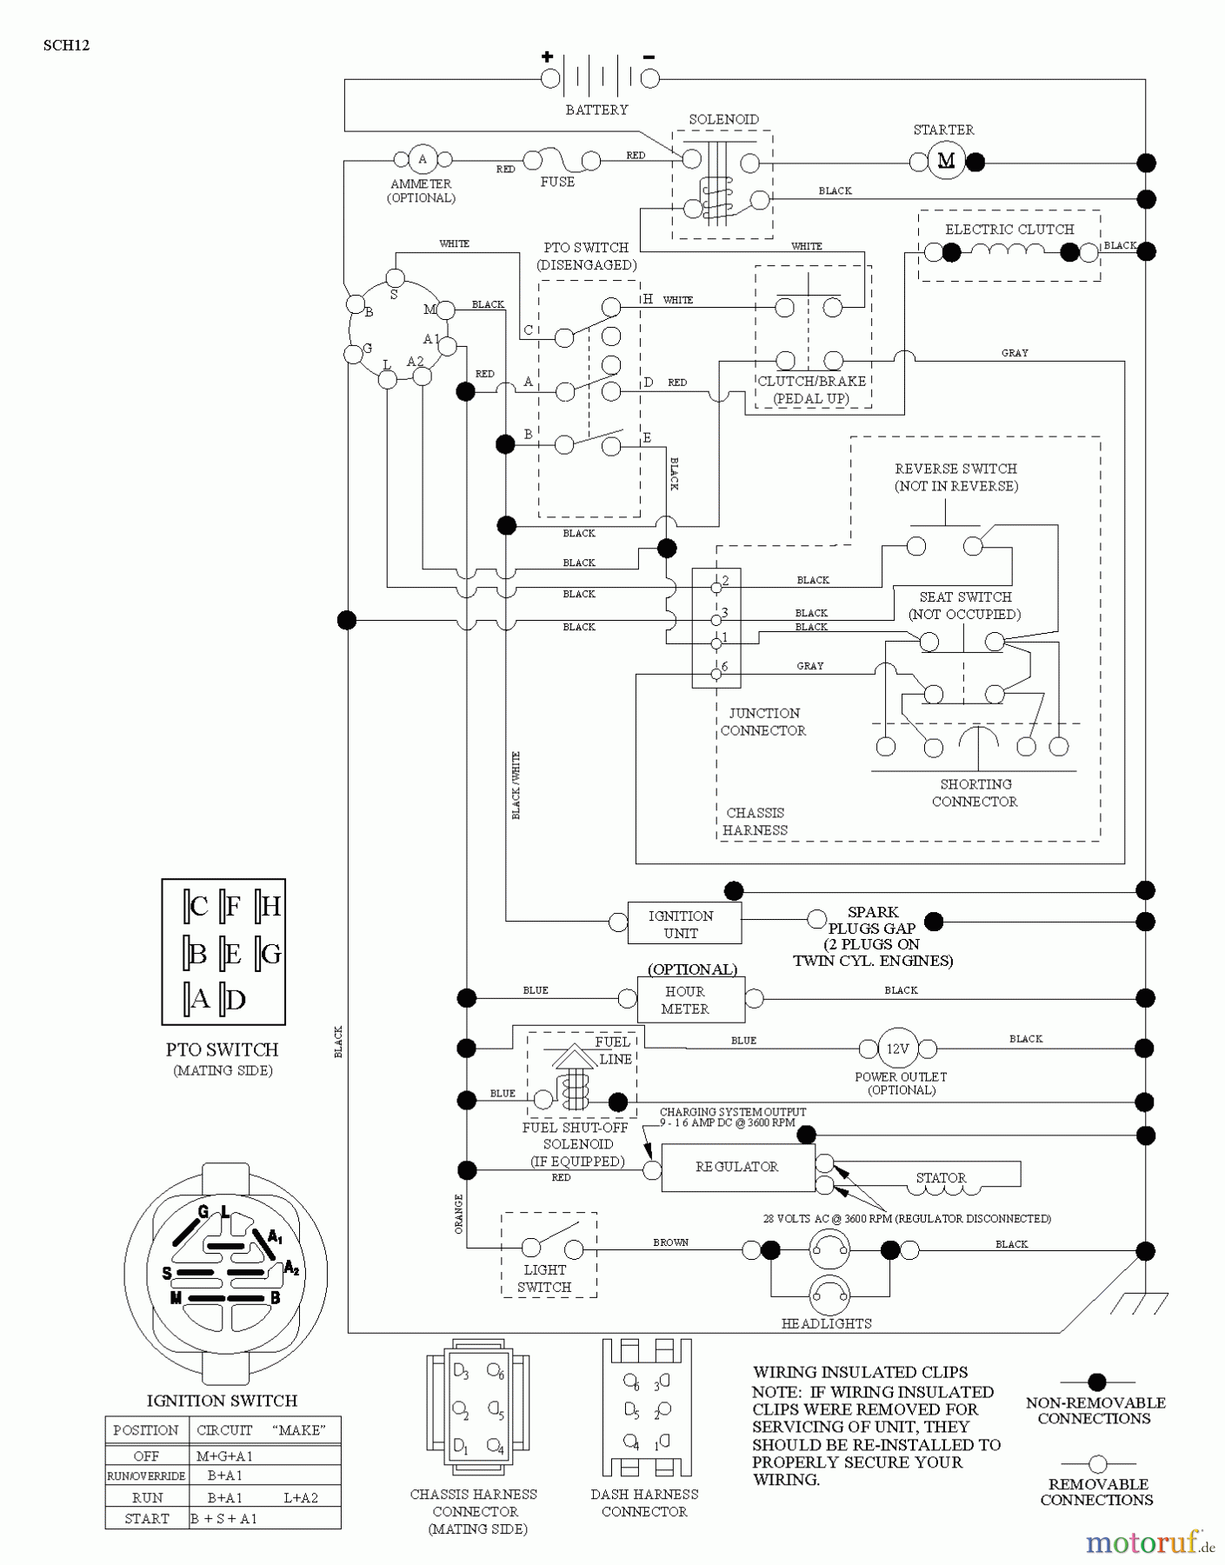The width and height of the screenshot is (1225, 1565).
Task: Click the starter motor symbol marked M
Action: pyautogui.click(x=946, y=161)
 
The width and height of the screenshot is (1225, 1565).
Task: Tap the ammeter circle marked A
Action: pyautogui.click(x=423, y=159)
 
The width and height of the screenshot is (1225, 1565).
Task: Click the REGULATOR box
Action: pyautogui.click(x=737, y=1167)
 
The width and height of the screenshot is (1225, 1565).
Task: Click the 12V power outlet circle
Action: pyautogui.click(x=897, y=1049)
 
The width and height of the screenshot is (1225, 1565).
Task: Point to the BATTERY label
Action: pyautogui.click(x=596, y=110)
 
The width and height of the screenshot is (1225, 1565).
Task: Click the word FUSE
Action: pyautogui.click(x=557, y=182)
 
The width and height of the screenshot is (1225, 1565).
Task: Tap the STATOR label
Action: pyautogui.click(x=941, y=1178)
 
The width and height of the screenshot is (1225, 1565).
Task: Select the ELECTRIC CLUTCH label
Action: pyautogui.click(x=1009, y=230)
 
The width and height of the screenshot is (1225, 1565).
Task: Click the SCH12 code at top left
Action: pyautogui.click(x=66, y=45)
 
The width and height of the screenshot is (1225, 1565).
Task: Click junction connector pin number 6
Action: pyautogui.click(x=724, y=667)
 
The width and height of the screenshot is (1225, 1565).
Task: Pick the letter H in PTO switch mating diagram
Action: pyautogui.click(x=271, y=907)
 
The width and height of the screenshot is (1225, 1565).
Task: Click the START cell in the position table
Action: pyautogui.click(x=147, y=1518)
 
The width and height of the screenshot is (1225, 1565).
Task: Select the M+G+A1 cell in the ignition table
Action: pyautogui.click(x=224, y=1455)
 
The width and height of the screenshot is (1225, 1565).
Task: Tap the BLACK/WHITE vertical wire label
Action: pyautogui.click(x=516, y=785)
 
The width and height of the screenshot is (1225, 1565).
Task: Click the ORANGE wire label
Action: pyautogui.click(x=459, y=1214)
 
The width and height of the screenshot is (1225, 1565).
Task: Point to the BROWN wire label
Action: pyautogui.click(x=670, y=1242)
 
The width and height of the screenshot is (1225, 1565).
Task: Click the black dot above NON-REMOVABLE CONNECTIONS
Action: pyautogui.click(x=1097, y=1382)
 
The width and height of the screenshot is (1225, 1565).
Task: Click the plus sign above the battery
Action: pyautogui.click(x=547, y=57)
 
